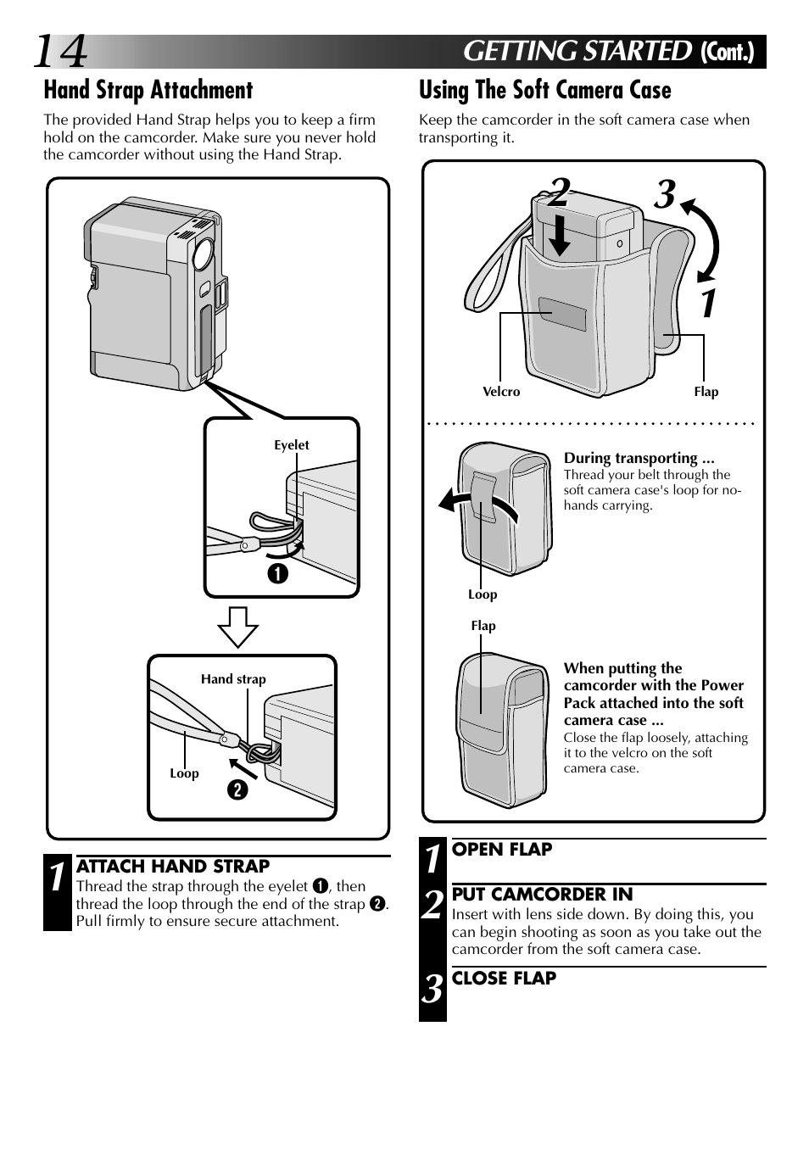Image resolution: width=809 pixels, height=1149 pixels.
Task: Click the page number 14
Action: (x=60, y=53)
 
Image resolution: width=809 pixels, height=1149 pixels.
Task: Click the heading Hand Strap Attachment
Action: (x=148, y=90)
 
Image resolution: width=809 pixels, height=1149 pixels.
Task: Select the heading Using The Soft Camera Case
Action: (x=544, y=90)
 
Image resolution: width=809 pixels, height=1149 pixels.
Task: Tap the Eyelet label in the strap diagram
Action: (x=291, y=445)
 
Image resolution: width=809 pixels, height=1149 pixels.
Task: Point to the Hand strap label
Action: (x=233, y=679)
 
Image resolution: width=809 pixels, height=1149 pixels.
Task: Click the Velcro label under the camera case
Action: (x=501, y=392)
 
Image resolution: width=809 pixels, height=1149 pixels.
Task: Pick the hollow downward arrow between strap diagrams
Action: (x=238, y=627)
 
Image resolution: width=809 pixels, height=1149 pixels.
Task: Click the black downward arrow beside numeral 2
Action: (x=559, y=235)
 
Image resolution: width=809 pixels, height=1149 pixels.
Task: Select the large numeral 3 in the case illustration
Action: (x=665, y=194)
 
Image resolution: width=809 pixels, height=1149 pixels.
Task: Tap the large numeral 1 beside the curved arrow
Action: (x=708, y=304)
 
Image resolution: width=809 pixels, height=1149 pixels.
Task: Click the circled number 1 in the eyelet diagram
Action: (x=279, y=574)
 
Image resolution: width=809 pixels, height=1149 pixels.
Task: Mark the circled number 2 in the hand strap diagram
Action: (x=237, y=789)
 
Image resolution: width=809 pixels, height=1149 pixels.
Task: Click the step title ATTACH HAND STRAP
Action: (x=173, y=866)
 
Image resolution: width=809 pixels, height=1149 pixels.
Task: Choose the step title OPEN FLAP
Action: (x=502, y=849)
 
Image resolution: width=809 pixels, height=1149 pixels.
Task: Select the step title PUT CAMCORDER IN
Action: (x=542, y=894)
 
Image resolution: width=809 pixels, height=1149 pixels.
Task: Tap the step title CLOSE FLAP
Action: (x=504, y=978)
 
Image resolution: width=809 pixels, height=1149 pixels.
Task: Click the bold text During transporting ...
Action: (x=639, y=458)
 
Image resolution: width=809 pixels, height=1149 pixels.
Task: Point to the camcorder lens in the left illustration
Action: (x=203, y=253)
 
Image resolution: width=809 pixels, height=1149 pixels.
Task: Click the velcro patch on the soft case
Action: (x=561, y=314)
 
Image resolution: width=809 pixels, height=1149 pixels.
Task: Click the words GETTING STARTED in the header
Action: (x=577, y=52)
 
